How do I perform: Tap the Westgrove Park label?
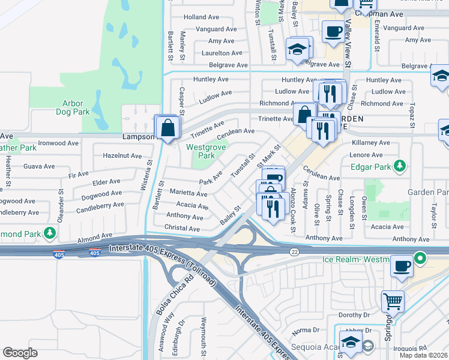click(x=200, y=151)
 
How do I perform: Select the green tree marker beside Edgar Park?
click(x=403, y=166)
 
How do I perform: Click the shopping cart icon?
click(x=393, y=300)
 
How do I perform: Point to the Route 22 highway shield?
click(x=294, y=251)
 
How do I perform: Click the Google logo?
click(x=20, y=353)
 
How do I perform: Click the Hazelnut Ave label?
click(x=122, y=155)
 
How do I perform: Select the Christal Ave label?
click(x=182, y=229)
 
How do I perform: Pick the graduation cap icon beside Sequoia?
click(x=351, y=343)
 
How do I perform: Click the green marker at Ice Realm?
click(x=421, y=259)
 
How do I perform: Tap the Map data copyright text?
click(x=424, y=355)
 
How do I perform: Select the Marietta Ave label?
click(x=188, y=194)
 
